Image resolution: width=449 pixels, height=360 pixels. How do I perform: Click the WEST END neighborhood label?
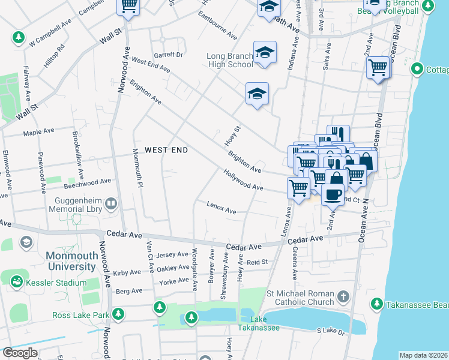(x=166, y=149)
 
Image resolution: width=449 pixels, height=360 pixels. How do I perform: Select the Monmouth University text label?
(x=64, y=260)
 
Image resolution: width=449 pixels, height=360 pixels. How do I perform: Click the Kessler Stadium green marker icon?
(x=16, y=280)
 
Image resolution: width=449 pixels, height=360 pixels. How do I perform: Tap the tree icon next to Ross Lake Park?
(x=118, y=314)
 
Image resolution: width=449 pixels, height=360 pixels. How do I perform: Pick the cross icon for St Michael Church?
(x=343, y=296)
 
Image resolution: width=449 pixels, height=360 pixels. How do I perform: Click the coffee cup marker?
(x=333, y=194)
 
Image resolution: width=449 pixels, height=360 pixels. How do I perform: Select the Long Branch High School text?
(x=229, y=60)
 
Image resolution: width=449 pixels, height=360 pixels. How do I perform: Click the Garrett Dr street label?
(x=168, y=54)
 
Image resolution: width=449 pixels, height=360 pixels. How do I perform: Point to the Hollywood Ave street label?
(x=243, y=179)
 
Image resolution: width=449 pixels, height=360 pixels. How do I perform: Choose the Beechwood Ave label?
(x=88, y=181)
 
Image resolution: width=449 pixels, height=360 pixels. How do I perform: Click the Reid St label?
(x=256, y=262)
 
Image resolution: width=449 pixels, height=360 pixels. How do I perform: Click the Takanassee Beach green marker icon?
(x=376, y=304)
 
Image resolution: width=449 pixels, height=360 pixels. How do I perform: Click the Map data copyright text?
(x=423, y=355)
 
